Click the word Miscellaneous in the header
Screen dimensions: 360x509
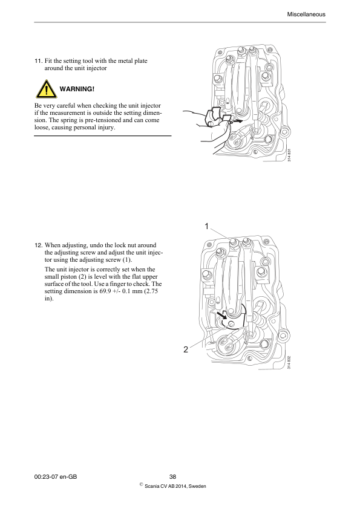coord(306,15)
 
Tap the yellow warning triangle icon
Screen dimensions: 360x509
coord(46,89)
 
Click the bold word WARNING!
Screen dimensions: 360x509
coord(77,89)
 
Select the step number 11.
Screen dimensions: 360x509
coord(38,60)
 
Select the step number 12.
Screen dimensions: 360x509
coord(38,245)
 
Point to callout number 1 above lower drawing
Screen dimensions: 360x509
coord(206,226)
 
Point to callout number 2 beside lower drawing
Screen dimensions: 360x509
coord(186,349)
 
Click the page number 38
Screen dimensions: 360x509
coord(172,476)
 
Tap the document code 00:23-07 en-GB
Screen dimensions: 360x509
coord(56,476)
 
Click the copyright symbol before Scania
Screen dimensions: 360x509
coord(141,484)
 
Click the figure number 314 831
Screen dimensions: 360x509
coord(289,155)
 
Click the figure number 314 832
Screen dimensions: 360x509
coord(289,362)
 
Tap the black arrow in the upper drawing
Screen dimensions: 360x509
coord(237,121)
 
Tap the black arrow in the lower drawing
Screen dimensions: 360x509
coord(223,315)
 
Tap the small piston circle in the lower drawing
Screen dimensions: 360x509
coord(231,323)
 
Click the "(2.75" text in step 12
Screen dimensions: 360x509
coord(151,291)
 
